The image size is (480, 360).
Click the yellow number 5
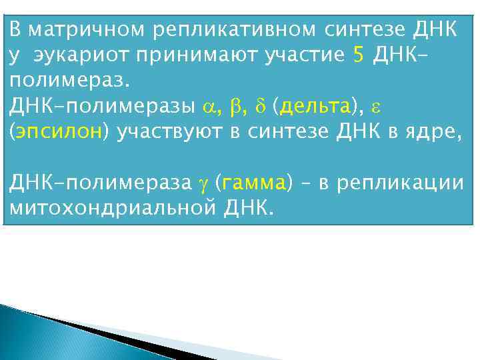coord(358,56)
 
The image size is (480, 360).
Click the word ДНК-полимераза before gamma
coord(97,183)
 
